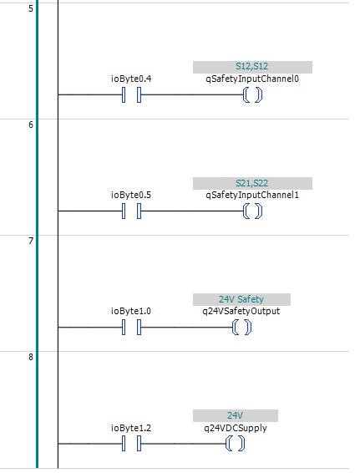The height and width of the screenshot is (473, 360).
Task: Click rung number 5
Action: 31,8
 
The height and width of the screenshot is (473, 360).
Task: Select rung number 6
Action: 31,125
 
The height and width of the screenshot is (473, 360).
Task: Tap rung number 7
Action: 31,241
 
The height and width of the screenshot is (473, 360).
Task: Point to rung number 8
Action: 31,357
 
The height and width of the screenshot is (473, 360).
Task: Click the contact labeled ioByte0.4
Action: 131,94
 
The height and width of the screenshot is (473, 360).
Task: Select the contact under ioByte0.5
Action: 131,211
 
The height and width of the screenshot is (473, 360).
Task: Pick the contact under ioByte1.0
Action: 131,328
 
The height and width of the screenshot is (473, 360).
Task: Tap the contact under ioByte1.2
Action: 131,444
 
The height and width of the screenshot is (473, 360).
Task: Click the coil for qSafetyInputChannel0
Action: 252,94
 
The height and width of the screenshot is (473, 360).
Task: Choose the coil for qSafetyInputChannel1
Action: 252,211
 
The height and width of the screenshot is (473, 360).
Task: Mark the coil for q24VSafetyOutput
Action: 241,328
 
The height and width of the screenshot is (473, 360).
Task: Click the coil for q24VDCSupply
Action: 236,444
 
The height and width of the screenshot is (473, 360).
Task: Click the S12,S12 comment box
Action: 252,67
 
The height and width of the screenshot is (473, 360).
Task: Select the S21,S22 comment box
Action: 252,183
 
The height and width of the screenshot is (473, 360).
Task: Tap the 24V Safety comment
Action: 241,299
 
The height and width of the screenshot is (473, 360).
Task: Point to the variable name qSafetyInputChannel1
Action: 252,196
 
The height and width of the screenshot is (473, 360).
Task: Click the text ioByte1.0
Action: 131,311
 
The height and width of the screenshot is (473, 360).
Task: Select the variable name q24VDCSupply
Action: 236,428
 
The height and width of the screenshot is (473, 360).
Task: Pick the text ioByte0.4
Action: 131,79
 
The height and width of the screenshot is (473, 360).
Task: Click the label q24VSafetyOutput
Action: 241,312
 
